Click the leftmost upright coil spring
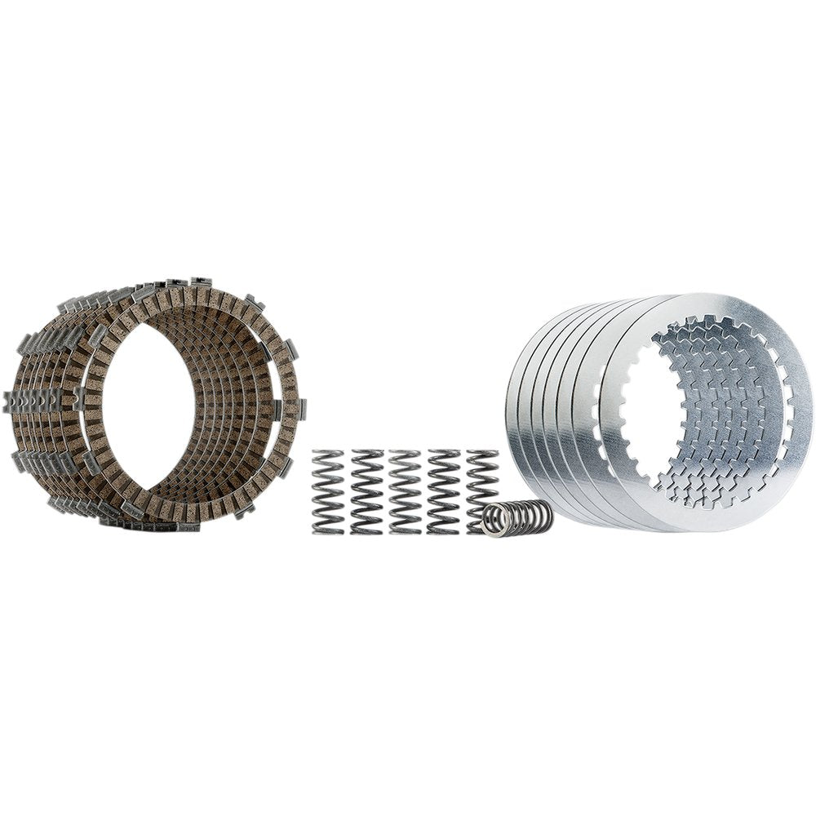pyautogui.click(x=328, y=491)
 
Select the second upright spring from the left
pyautogui.click(x=366, y=491)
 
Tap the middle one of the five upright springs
pyautogui.click(x=405, y=491)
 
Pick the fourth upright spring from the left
pyautogui.click(x=443, y=491)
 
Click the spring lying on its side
pyautogui.click(x=517, y=518)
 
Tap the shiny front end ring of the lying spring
pyautogui.click(x=491, y=521)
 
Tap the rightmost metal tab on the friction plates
pyautogui.click(x=302, y=408)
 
